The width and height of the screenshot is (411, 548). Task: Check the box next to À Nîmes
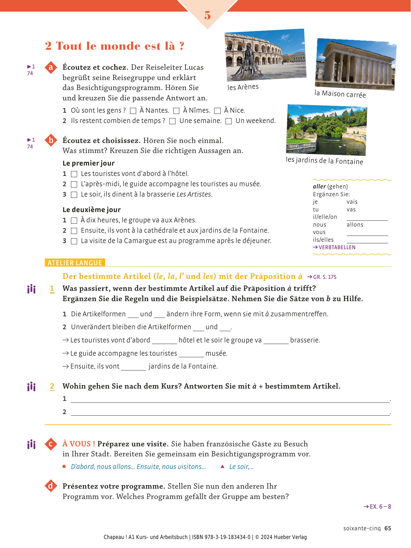176,111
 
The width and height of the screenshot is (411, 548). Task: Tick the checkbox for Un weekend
228,121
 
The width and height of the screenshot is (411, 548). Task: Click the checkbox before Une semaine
173,121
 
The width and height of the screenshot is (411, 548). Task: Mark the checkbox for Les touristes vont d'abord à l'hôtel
74,174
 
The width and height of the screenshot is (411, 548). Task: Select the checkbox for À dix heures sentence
74,221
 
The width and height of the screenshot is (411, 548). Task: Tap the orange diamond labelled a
51,67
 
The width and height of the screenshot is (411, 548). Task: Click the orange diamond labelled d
51,486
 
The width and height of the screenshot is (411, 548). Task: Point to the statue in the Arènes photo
248,63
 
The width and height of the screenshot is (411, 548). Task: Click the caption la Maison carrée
340,94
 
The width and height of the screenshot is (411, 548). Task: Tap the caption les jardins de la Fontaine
324,161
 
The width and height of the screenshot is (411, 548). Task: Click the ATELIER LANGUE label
75,263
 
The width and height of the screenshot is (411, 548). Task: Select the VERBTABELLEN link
335,248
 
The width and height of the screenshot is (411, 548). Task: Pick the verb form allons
355,225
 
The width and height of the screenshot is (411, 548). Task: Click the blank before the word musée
191,354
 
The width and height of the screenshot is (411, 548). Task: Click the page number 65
388,528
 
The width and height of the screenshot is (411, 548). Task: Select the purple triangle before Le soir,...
222,466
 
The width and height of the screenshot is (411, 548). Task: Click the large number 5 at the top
207,15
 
